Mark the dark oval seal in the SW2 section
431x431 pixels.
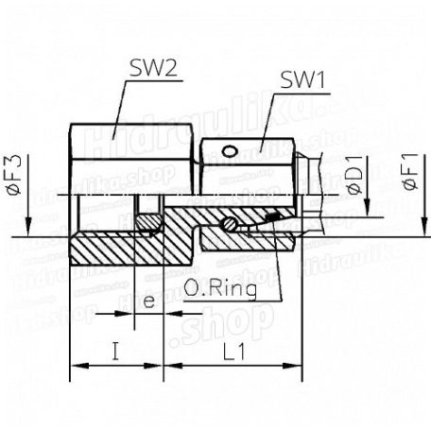click(x=148, y=223)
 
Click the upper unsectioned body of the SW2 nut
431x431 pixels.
click(x=132, y=156)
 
